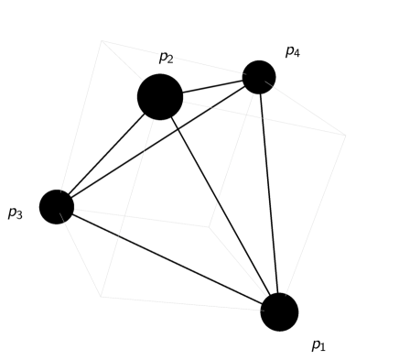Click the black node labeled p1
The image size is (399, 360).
pos(279,311)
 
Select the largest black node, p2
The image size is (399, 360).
pos(160,96)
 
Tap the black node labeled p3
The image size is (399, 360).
pos(57,206)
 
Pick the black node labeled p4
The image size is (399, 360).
pos(259,77)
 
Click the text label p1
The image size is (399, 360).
pos(318,345)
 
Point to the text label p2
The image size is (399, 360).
pos(166,58)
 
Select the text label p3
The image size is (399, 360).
pos(15,213)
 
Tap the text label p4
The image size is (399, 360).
pos(292,51)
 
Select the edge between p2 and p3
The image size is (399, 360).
pos(104,155)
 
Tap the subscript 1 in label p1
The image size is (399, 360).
pos(323,348)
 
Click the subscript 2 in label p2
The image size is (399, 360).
pos(170,60)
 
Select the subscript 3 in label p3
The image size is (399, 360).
pos(19,216)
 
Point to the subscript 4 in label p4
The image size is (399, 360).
pos(297,54)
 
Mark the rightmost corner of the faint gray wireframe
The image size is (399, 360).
pos(345,136)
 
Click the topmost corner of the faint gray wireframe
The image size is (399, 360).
pos(102,40)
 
